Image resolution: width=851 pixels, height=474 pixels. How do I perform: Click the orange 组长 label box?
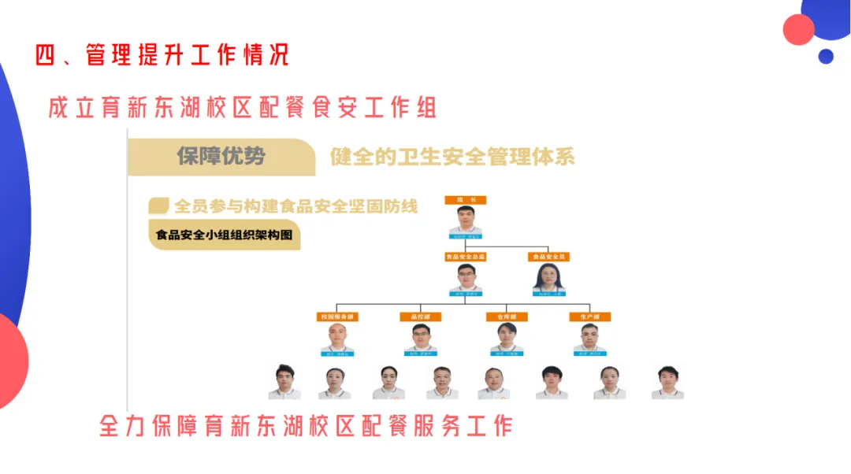click(x=466, y=200)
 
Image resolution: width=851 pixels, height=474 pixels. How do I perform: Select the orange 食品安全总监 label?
click(x=466, y=257)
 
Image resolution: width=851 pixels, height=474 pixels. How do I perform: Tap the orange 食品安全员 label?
click(x=549, y=257)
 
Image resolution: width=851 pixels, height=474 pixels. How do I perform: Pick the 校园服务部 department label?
click(x=337, y=317)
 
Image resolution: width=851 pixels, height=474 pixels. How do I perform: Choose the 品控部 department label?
click(x=422, y=317)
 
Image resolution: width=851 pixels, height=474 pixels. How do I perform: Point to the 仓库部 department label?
click(x=506, y=317)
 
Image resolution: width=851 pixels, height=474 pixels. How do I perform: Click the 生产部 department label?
click(x=590, y=317)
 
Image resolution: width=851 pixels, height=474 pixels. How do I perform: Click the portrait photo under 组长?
click(x=465, y=220)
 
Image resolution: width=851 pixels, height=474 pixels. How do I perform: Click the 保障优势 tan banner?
click(x=221, y=157)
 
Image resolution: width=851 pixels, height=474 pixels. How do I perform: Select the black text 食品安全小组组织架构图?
click(x=224, y=235)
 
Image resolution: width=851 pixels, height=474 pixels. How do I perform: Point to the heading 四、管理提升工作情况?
click(x=162, y=54)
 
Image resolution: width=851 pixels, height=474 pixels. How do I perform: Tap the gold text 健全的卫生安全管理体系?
click(x=452, y=157)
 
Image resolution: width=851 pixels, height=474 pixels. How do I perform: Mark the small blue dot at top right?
click(x=825, y=56)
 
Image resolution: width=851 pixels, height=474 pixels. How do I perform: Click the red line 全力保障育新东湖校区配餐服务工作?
click(x=306, y=426)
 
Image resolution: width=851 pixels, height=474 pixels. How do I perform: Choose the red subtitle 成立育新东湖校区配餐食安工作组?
click(x=242, y=108)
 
